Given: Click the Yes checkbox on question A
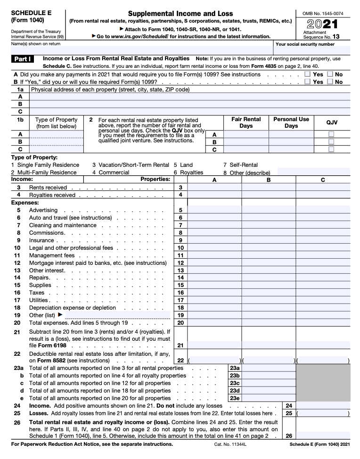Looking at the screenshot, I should coord(307,74).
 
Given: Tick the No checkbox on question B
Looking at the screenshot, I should coord(330,82).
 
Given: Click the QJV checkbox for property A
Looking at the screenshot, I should coord(331,134).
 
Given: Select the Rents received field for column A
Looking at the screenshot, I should coord(214,188).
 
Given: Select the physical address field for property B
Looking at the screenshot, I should coord(189,104).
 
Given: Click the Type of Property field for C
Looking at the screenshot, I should coord(56,149).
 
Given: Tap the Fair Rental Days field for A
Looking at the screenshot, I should coord(245,134).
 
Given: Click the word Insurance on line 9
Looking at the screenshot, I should coord(41,240).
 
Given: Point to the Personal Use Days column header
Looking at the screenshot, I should coord(291,123).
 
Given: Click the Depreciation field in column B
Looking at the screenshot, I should coord(269,308).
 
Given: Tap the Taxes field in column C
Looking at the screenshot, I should coord(323,293).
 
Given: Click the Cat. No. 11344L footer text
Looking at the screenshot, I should coord(230,444).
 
